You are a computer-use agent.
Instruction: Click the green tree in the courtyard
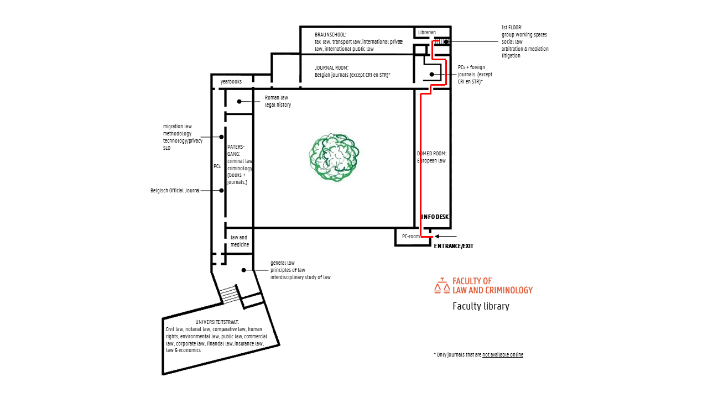334,158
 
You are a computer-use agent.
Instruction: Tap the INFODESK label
435,217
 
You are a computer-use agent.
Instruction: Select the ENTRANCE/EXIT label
454,246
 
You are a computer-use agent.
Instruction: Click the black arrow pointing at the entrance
446,236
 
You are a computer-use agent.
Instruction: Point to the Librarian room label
426,32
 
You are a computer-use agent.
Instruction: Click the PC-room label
411,236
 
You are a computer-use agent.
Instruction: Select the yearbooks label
231,81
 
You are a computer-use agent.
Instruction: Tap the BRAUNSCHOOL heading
330,34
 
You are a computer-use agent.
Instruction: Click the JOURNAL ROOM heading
331,67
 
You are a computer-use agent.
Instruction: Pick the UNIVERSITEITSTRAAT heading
217,322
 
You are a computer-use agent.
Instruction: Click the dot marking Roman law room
240,101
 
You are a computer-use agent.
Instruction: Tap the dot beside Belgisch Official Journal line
221,191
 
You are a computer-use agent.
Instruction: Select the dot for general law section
244,270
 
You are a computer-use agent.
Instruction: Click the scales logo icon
442,286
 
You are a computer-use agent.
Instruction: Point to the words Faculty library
481,306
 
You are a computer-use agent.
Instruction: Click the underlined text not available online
503,355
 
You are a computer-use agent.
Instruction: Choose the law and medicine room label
240,241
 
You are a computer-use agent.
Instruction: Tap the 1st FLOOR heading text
512,28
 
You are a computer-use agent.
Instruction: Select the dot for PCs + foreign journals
432,75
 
